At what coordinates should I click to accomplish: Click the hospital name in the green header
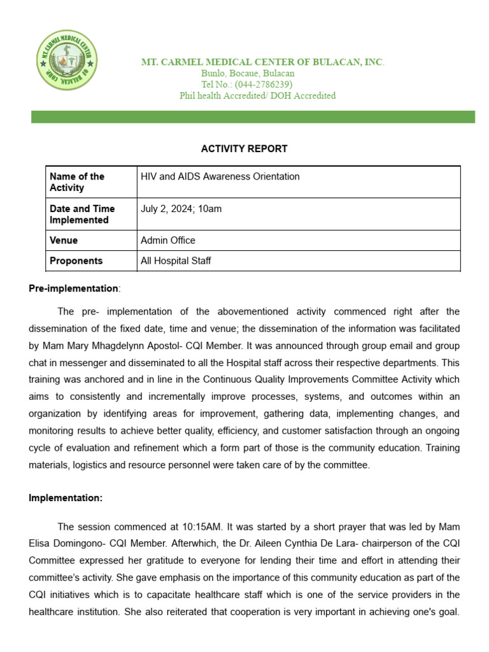(x=262, y=62)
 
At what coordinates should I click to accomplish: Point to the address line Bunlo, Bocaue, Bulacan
(x=248, y=73)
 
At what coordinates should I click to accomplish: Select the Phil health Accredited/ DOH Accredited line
(x=257, y=96)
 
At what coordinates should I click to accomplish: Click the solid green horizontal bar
(x=253, y=117)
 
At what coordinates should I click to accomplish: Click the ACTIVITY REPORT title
(x=244, y=148)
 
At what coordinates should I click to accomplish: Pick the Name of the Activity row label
(x=77, y=182)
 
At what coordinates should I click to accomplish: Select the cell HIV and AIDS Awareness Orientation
(x=220, y=176)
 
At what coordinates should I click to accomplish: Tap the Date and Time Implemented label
(x=82, y=214)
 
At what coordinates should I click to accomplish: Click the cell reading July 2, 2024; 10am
(x=181, y=208)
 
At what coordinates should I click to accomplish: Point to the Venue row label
(x=64, y=240)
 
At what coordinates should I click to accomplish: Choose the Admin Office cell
(x=167, y=240)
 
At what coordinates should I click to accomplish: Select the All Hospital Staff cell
(x=176, y=260)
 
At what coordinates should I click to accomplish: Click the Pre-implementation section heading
(x=74, y=288)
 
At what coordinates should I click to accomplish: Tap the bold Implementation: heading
(x=66, y=498)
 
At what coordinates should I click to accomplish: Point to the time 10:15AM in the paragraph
(x=202, y=527)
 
